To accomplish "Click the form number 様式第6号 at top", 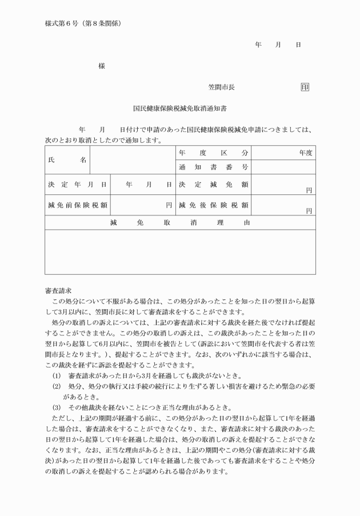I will click(x=61, y=24).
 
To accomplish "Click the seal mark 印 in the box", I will click(x=305, y=87).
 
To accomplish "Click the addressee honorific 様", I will click(x=102, y=66).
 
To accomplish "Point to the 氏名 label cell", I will click(x=67, y=160).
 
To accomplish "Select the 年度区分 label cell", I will click(x=213, y=153).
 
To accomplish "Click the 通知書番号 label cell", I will click(x=213, y=167).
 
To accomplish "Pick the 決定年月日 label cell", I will click(x=77, y=185).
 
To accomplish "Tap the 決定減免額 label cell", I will click(x=213, y=185).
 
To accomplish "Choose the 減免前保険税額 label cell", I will click(x=77, y=205).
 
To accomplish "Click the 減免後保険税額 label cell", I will click(x=213, y=205).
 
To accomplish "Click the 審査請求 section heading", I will click(x=58, y=291).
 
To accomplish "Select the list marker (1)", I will click(x=56, y=375).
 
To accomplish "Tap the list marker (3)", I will click(x=56, y=407).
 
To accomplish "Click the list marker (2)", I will click(x=56, y=386).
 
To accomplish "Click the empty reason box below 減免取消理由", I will click(x=180, y=251).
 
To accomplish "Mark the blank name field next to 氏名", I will click(x=133, y=160).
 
